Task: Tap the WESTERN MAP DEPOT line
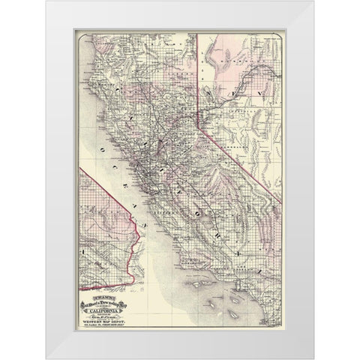point(115,310)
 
